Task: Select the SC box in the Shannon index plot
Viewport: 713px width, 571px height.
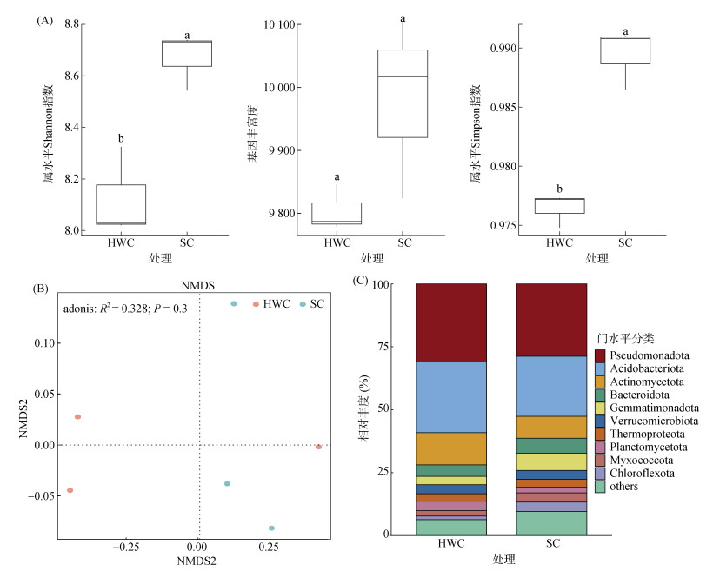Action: pyautogui.click(x=187, y=53)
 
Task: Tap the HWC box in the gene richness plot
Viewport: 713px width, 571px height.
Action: pyautogui.click(x=337, y=213)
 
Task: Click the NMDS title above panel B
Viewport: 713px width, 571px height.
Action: pyautogui.click(x=200, y=283)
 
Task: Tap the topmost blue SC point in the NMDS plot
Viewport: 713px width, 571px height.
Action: pyautogui.click(x=234, y=303)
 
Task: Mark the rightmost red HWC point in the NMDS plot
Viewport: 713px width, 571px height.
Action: pyautogui.click(x=319, y=447)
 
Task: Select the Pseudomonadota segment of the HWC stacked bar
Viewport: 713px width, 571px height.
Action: pyautogui.click(x=450, y=322)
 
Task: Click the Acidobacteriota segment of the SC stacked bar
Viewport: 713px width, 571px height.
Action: pyautogui.click(x=551, y=386)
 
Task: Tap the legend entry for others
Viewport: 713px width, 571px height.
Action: pyautogui.click(x=625, y=486)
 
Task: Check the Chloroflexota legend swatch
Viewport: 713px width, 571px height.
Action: pyautogui.click(x=600, y=473)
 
